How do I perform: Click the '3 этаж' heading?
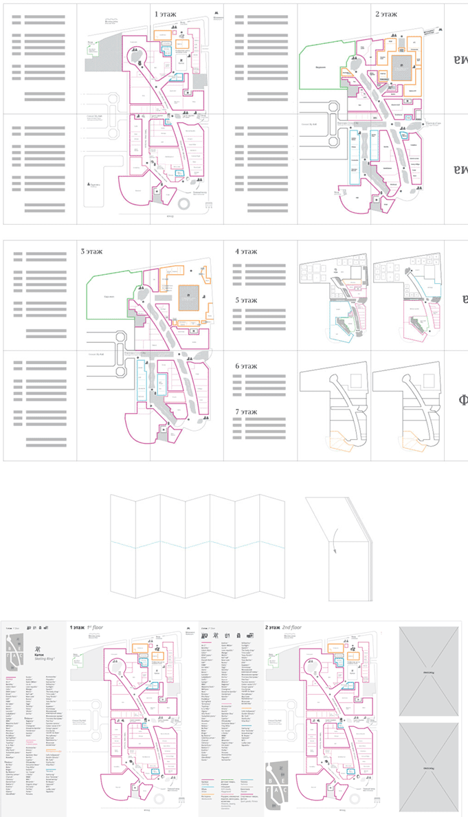point(91,251)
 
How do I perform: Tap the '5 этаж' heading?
point(246,300)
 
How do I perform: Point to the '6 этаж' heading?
point(246,366)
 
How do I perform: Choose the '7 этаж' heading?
point(246,412)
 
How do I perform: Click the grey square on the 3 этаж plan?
point(188,297)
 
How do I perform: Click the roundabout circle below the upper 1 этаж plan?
point(186,205)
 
